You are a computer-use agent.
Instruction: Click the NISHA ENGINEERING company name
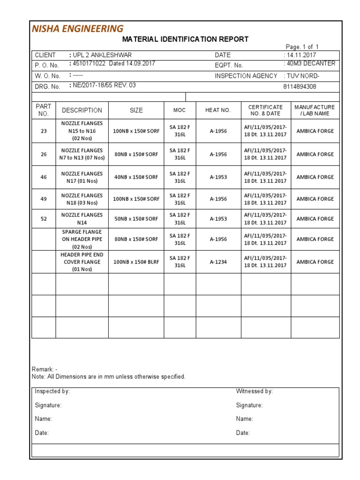(x=77, y=29)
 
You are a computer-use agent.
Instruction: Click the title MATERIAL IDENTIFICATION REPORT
(x=185, y=39)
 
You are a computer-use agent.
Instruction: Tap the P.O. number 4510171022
(x=88, y=64)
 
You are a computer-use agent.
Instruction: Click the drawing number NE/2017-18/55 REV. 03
(x=105, y=85)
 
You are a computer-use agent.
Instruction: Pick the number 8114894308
(x=300, y=87)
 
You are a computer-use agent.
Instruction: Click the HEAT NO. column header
(x=218, y=110)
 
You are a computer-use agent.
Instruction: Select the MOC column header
(x=180, y=110)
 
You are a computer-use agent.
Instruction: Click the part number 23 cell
(x=44, y=131)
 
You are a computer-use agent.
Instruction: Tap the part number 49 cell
(x=44, y=199)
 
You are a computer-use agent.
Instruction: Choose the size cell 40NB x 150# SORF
(x=136, y=177)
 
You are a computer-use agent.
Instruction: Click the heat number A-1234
(x=218, y=262)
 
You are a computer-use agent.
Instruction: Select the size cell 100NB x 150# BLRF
(x=136, y=262)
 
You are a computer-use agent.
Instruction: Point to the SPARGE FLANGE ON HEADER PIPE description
(x=82, y=239)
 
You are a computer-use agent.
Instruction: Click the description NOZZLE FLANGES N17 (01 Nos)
(x=82, y=177)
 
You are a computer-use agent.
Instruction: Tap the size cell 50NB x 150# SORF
(x=136, y=219)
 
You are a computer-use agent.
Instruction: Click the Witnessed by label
(x=254, y=391)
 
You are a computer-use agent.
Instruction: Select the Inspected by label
(x=52, y=391)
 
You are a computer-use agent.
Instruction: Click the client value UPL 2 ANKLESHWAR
(x=102, y=55)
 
